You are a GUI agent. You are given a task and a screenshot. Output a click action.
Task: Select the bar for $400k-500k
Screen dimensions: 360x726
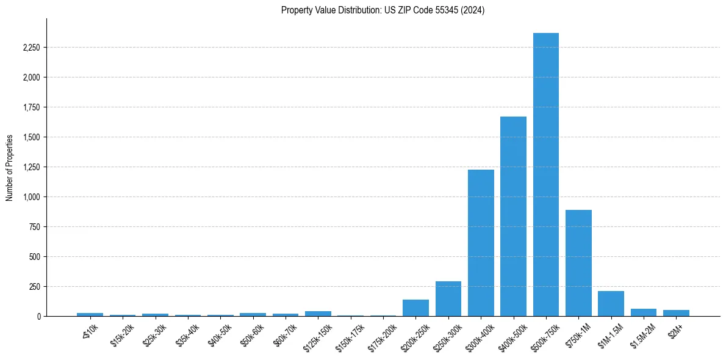[x=513, y=216]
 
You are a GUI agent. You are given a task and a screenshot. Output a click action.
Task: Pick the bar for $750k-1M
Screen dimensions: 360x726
[x=578, y=263]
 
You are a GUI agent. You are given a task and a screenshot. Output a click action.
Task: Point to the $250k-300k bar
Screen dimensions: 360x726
[x=448, y=299]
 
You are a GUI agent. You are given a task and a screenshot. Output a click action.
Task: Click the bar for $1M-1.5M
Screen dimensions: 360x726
[x=611, y=304]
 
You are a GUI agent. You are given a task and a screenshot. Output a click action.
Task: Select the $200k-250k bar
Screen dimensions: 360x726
[x=415, y=308]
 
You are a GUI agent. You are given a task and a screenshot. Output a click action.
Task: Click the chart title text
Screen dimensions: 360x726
[x=383, y=10]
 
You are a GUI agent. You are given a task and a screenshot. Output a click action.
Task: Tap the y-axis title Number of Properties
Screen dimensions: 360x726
[x=10, y=168]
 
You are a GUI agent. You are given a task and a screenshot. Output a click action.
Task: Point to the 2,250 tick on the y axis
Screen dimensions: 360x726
[x=31, y=48]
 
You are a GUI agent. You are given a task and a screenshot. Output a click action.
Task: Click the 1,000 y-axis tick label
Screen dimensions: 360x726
[x=31, y=197]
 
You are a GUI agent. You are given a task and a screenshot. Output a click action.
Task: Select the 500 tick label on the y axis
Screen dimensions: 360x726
[x=34, y=257]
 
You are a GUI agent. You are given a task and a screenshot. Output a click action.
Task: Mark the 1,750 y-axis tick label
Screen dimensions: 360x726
[x=31, y=107]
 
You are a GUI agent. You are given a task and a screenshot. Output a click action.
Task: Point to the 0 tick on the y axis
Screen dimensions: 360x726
[x=38, y=317]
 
